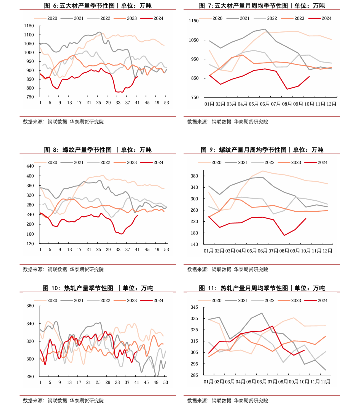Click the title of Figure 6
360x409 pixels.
[x=98, y=6]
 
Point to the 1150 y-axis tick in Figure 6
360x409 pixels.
[x=29, y=26]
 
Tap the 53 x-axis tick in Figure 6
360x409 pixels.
[x=166, y=103]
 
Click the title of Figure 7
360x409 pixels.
[x=262, y=6]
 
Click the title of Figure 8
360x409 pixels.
[x=98, y=150]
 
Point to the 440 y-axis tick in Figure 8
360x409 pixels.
[x=30, y=166]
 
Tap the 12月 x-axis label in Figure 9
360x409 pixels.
[x=327, y=251]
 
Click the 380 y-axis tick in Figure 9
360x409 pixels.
[x=194, y=176]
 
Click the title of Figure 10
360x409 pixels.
[x=98, y=288]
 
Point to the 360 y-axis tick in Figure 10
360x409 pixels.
[x=30, y=306]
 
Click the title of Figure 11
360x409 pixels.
[x=262, y=288]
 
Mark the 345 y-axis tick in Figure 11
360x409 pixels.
[x=194, y=307]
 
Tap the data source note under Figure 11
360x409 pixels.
[x=228, y=401]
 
